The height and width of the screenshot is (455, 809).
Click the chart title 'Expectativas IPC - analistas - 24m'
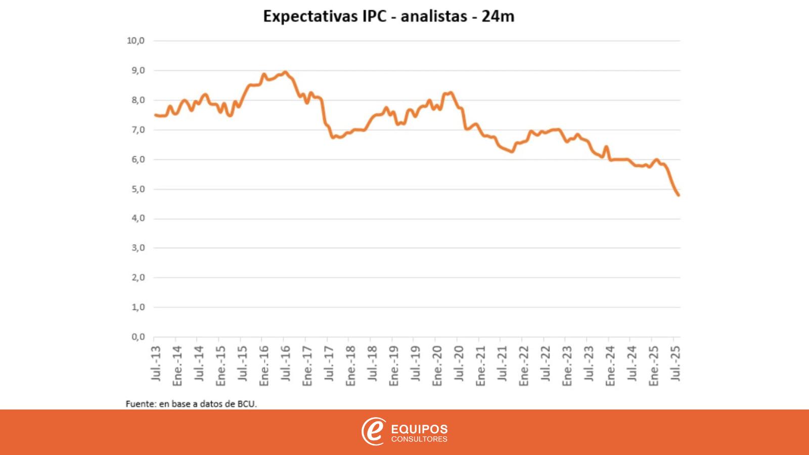(388, 16)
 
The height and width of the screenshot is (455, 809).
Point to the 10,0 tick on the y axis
(136, 40)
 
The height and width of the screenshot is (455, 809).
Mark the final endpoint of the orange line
(678, 195)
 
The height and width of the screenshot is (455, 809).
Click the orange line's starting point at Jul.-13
(155, 115)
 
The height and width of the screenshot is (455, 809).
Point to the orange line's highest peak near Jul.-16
(285, 72)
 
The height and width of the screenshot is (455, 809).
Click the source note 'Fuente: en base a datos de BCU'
(191, 404)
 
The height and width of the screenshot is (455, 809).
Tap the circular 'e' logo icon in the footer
(373, 432)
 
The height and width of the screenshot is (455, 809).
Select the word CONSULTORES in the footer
(419, 439)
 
